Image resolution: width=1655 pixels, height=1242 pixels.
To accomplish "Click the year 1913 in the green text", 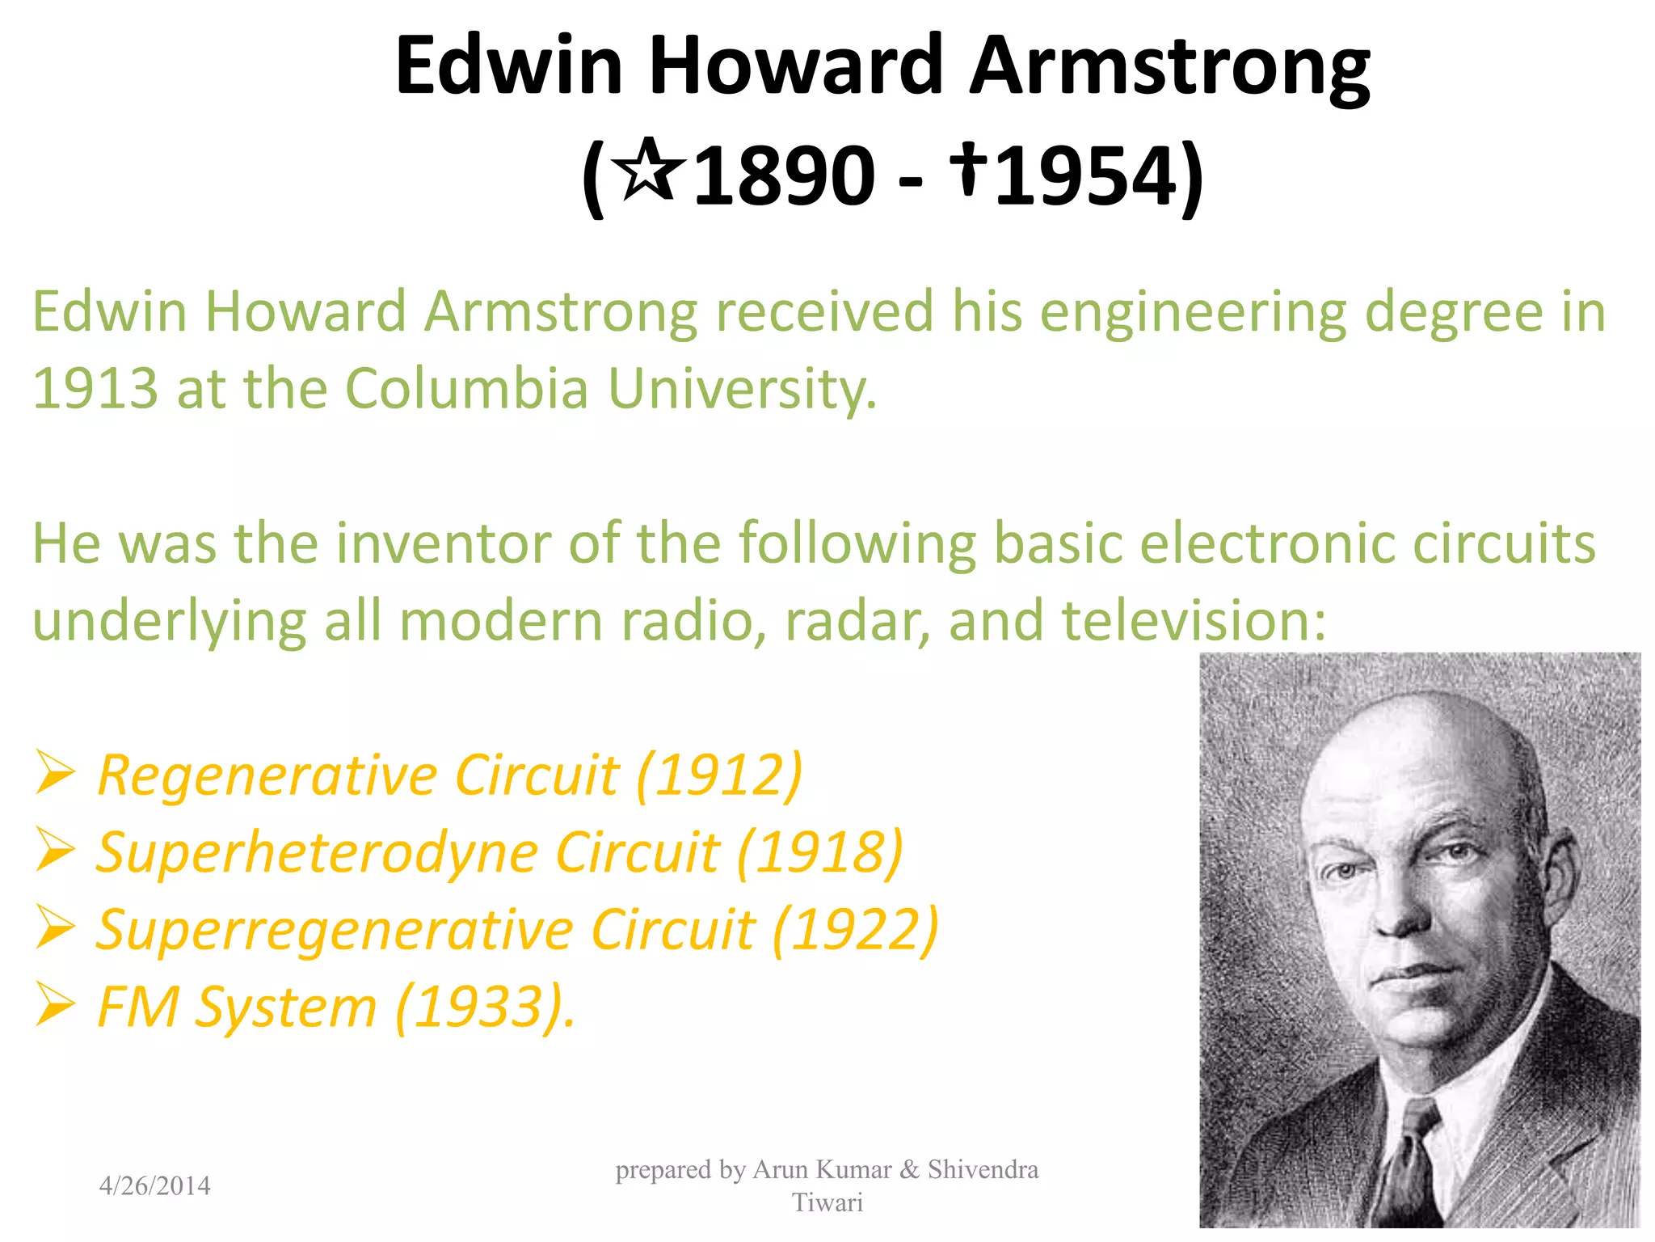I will (x=95, y=389).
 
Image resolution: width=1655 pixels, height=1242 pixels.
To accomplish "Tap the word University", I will (x=741, y=389).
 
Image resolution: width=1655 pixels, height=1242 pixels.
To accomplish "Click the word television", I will (x=1193, y=620).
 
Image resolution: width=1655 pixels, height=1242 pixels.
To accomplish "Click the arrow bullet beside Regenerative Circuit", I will (x=55, y=773).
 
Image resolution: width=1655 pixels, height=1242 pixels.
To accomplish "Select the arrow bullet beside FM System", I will (x=55, y=1006).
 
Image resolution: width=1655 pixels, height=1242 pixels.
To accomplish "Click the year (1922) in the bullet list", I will (x=855, y=929).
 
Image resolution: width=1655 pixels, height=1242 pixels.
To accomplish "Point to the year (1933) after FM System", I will (x=482, y=1007).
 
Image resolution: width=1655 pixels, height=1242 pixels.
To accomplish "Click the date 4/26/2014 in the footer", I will (x=154, y=1186).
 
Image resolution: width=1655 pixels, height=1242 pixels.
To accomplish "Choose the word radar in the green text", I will (x=857, y=620).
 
